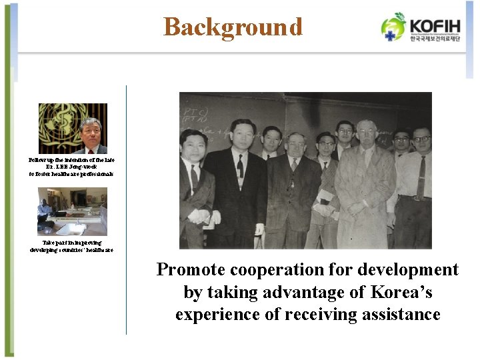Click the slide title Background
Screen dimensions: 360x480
[233, 27]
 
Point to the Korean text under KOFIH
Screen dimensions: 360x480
[435, 39]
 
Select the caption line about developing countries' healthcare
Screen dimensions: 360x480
[71, 249]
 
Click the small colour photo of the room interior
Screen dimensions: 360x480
[71, 211]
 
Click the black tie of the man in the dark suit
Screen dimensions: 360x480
[239, 166]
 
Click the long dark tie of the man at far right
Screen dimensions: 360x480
[421, 177]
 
